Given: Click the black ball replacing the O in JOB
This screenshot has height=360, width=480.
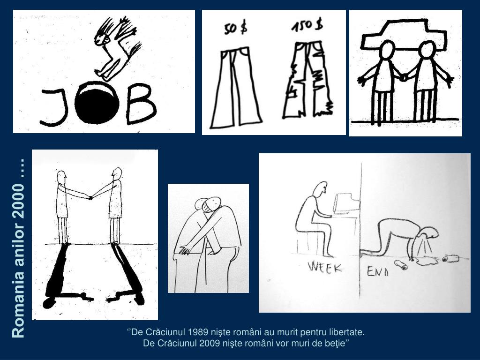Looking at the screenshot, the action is pos(97,103).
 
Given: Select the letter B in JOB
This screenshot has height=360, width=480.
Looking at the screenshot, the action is pos(141,104).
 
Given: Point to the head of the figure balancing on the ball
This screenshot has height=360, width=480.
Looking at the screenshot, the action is pos(101,39).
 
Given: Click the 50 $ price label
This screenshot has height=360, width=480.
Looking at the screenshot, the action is pos(236,28).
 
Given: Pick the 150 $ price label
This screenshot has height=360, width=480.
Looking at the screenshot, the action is pos(307,24).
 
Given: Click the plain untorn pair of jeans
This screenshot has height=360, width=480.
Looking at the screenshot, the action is pos(236,87).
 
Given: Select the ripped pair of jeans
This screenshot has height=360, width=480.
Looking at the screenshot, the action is pos(307,80).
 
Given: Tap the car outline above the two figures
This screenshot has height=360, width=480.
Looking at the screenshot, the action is pos(404,34).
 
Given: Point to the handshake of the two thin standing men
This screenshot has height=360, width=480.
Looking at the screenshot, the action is pos(90,198).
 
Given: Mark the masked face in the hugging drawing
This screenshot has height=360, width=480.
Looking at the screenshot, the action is pos(212,206).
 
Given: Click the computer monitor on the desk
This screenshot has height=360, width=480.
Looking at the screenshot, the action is pos(347,203).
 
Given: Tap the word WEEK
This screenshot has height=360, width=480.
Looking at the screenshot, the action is pos(325,267).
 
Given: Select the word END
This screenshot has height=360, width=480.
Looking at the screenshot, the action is pos(378,271).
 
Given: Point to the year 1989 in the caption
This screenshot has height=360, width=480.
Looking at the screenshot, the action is pos(199,332).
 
